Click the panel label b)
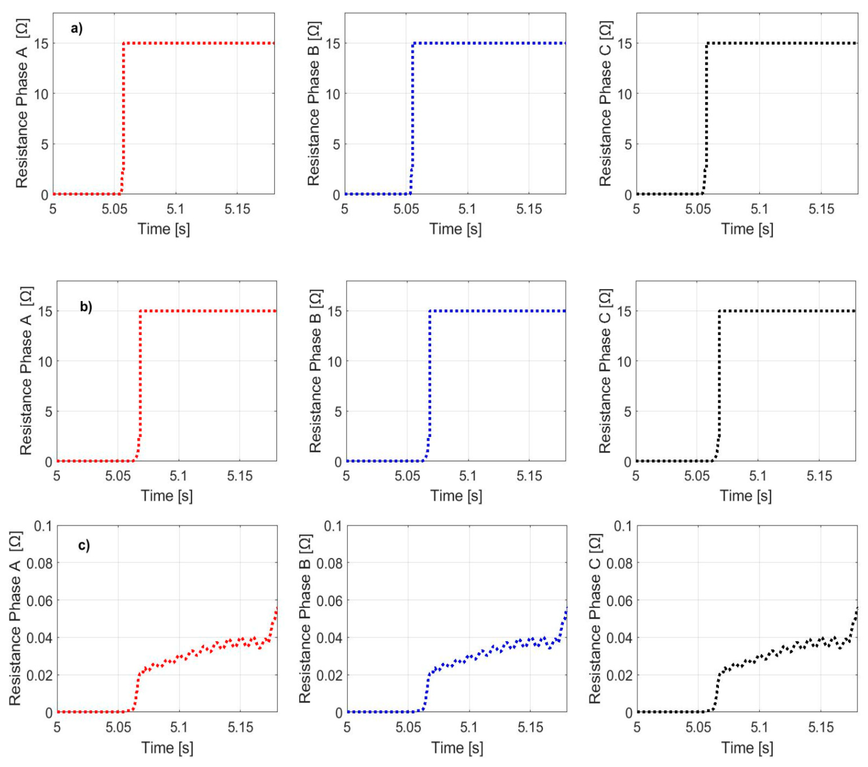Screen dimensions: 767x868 (x=86, y=306)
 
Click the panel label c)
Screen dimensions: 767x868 (x=84, y=545)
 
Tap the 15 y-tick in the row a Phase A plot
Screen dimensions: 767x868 (x=41, y=43)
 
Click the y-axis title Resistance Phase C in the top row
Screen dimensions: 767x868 (x=606, y=104)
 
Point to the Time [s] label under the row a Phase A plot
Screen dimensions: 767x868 (x=164, y=229)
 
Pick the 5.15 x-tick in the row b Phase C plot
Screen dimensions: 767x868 (x=819, y=476)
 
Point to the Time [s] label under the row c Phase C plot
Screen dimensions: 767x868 (x=747, y=748)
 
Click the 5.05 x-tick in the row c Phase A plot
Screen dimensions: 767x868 (x=118, y=727)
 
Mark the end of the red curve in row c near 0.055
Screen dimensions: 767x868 (x=277, y=608)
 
